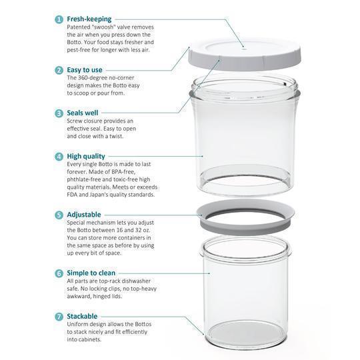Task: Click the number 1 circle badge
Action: pyautogui.click(x=59, y=19)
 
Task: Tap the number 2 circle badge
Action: pyautogui.click(x=59, y=70)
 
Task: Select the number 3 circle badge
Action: pyautogui.click(x=59, y=113)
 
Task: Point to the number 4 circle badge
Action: pyautogui.click(x=59, y=157)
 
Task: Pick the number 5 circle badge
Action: pyautogui.click(x=59, y=215)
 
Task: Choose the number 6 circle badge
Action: pyautogui.click(x=59, y=273)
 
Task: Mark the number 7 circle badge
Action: pyautogui.click(x=59, y=317)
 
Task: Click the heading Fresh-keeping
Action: pyautogui.click(x=89, y=19)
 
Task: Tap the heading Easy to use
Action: pyautogui.click(x=85, y=70)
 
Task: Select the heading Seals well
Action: pyautogui.click(x=83, y=113)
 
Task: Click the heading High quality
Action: pyautogui.click(x=86, y=157)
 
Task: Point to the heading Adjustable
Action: pyautogui.click(x=84, y=215)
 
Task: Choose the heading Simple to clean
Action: pyautogui.click(x=91, y=273)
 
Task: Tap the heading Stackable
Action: pyautogui.click(x=82, y=316)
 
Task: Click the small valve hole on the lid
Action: pyautogui.click(x=244, y=49)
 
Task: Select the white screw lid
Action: pyautogui.click(x=244, y=55)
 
